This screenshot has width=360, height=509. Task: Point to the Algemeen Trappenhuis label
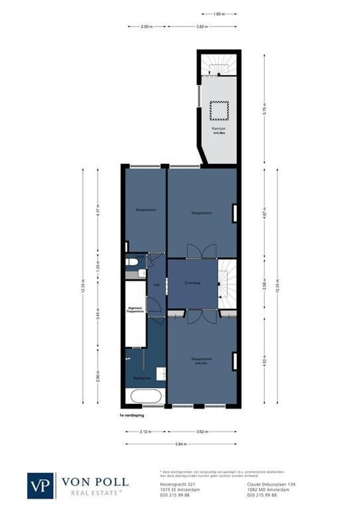[135, 311]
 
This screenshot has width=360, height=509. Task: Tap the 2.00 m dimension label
[147, 27]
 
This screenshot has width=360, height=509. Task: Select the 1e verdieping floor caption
[132, 416]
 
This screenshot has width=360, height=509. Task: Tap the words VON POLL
[95, 482]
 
